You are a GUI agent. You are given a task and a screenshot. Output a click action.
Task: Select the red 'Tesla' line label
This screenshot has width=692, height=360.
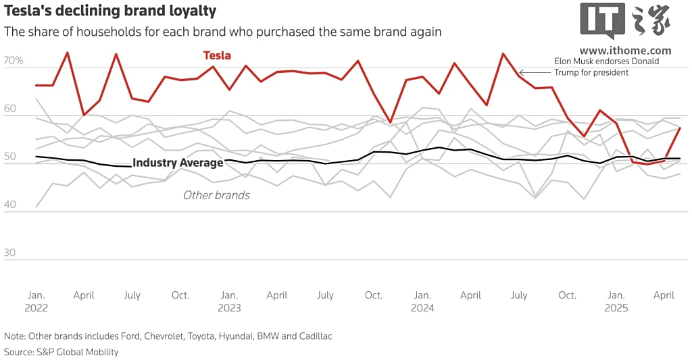(x=217, y=55)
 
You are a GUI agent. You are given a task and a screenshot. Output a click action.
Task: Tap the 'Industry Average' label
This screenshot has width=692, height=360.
(x=177, y=163)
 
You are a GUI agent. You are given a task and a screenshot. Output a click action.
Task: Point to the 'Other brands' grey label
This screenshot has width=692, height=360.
(x=216, y=195)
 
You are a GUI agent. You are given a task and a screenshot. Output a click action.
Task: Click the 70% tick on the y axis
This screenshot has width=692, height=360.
(x=14, y=61)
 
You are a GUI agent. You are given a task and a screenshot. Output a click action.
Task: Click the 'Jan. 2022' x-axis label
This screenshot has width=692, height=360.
(x=36, y=301)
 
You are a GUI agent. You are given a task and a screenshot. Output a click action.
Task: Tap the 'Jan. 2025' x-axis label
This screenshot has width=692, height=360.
(x=616, y=301)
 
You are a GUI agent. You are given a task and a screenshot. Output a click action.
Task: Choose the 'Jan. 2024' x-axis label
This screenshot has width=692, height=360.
(x=422, y=301)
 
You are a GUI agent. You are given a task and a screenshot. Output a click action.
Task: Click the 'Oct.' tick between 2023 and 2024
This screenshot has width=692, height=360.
(x=374, y=295)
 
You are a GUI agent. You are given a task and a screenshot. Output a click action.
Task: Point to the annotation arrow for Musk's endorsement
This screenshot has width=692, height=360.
(x=534, y=72)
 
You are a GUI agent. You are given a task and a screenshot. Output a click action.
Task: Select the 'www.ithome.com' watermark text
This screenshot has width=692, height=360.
(x=625, y=51)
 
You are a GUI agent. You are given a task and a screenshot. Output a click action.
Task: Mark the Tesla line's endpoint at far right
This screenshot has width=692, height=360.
(x=680, y=128)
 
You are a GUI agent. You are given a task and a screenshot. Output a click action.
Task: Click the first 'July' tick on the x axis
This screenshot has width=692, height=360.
(x=132, y=295)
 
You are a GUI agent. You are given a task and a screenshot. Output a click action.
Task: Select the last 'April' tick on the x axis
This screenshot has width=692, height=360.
(x=664, y=295)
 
